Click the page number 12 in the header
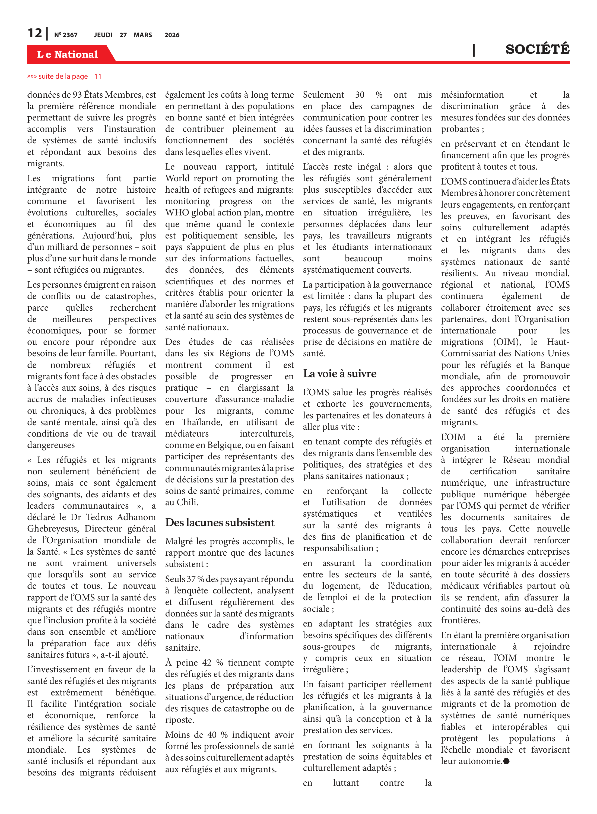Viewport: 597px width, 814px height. tap(35, 33)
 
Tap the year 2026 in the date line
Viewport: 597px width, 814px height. tap(172, 35)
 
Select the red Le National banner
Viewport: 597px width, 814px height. tap(68, 54)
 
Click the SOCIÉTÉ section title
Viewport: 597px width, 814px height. tap(537, 49)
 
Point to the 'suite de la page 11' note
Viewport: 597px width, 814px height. tap(64, 76)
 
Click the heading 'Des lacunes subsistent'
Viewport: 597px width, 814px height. tap(220, 522)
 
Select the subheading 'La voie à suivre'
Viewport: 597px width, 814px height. tap(340, 373)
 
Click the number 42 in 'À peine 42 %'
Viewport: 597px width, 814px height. tap(207, 663)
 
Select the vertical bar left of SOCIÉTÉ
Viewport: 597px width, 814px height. tap(474, 50)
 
